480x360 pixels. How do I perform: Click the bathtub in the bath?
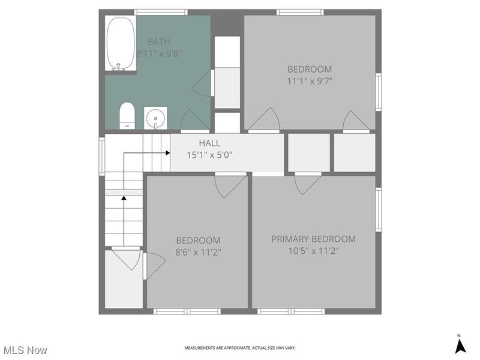120,44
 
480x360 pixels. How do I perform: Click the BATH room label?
159,41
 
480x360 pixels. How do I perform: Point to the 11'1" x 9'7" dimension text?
310,80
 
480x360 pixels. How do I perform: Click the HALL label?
209,143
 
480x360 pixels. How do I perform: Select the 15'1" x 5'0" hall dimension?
209,154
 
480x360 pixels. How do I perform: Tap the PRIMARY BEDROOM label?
313,239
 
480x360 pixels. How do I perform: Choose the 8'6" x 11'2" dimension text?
198,251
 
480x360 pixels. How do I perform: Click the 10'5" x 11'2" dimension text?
313,251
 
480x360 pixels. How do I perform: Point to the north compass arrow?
460,346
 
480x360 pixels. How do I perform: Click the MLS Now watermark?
25,349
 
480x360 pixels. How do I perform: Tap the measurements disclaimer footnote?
239,348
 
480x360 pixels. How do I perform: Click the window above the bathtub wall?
161,12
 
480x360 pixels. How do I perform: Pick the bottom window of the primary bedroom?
291,311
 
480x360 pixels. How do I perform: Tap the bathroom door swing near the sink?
194,121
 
